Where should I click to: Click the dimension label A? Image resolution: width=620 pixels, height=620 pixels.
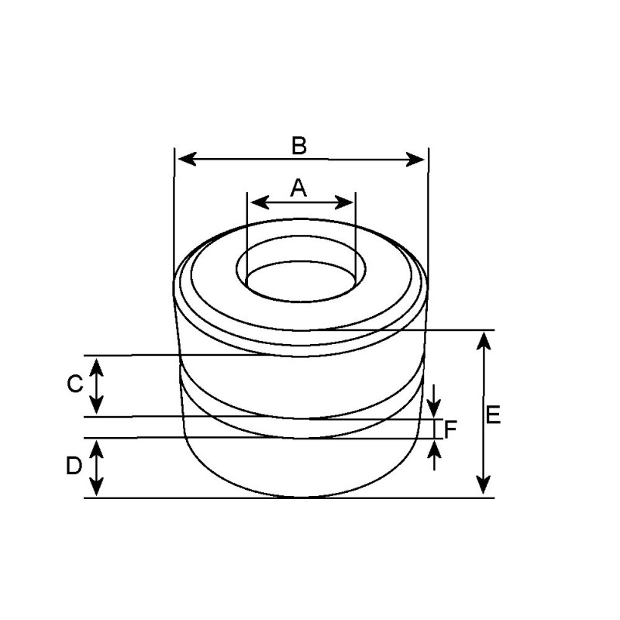click(x=299, y=187)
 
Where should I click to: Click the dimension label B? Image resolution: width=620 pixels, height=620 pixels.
click(x=299, y=145)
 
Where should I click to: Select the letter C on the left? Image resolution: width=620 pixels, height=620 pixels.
click(x=74, y=384)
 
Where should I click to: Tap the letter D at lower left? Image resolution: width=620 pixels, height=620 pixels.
click(x=74, y=466)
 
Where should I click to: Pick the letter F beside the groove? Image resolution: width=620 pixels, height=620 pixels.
click(x=450, y=428)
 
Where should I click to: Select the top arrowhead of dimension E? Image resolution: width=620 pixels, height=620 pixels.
click(x=484, y=339)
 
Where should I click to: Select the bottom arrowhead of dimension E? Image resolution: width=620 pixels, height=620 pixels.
click(x=484, y=486)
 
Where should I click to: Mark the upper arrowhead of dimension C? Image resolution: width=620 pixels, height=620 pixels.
click(x=96, y=364)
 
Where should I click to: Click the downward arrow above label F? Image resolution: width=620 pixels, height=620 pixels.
click(x=435, y=406)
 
